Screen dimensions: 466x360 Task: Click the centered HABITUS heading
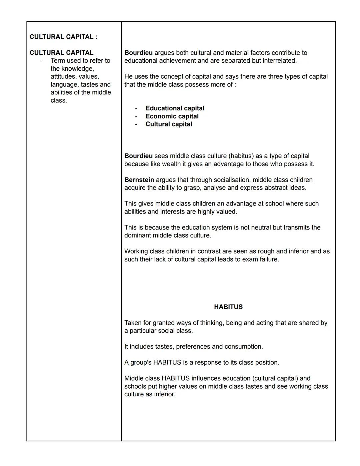click(228, 307)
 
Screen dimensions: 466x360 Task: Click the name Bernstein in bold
click(139, 180)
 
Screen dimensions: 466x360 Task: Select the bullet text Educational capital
click(175, 108)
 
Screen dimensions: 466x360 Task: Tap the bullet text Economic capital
click(172, 116)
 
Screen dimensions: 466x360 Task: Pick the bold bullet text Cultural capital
click(169, 124)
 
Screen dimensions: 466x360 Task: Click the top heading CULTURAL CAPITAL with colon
click(63, 37)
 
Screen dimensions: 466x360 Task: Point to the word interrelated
click(279, 61)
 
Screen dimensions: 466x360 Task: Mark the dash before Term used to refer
click(41, 61)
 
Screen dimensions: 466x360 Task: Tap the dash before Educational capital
click(136, 108)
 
